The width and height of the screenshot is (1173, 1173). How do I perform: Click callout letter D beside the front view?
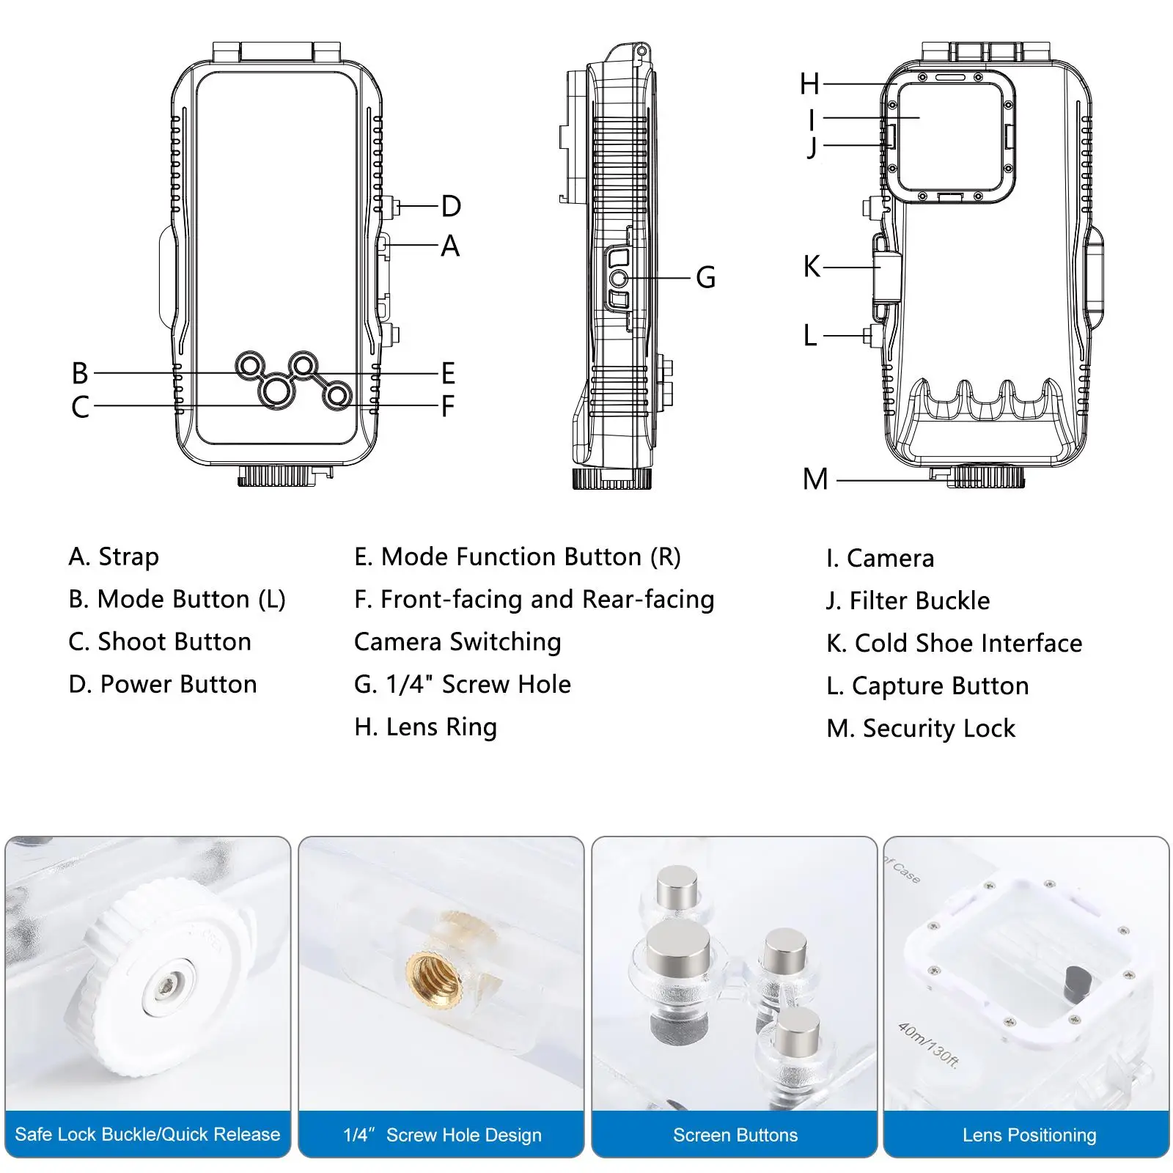point(451,206)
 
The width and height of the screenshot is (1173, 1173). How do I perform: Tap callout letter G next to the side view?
point(705,277)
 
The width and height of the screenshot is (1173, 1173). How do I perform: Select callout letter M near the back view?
point(815,479)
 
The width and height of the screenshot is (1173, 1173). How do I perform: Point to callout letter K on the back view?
point(812,267)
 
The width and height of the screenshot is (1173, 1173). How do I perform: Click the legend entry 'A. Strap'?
point(114,557)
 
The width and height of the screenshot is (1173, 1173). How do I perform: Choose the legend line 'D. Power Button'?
point(163,685)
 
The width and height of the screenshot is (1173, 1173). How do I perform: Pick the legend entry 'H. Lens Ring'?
point(425,727)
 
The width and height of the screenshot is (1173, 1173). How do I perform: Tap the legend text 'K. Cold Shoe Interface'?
point(954,644)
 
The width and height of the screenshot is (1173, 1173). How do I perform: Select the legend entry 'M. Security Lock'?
point(921,729)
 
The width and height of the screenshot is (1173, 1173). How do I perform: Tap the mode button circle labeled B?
point(250,365)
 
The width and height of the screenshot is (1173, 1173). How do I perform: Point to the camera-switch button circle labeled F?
point(337,396)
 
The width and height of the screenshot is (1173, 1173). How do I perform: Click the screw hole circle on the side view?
point(619,278)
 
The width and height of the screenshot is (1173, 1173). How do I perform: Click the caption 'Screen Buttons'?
point(735,1135)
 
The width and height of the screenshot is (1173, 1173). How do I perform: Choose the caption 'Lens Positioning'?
point(1029,1135)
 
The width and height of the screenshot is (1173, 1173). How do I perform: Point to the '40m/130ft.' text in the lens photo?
point(928,1045)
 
